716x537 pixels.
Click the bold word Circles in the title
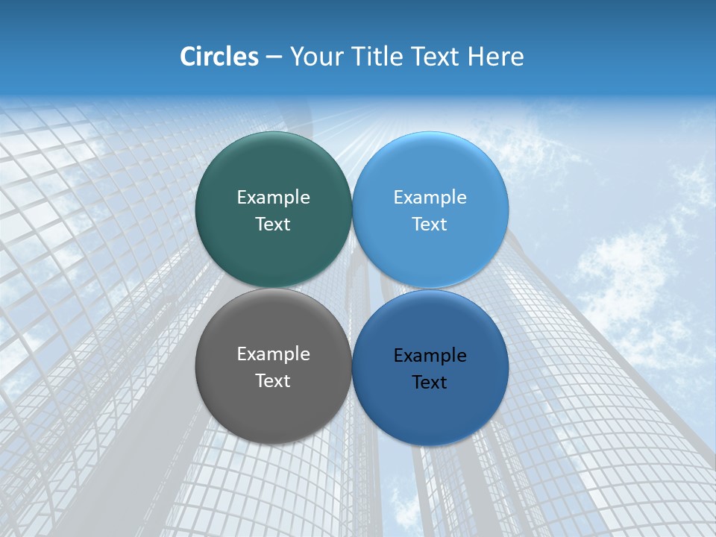[x=219, y=57]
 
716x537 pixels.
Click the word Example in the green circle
[x=273, y=198]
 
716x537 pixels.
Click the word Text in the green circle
[x=273, y=224]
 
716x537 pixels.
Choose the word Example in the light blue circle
[x=430, y=198]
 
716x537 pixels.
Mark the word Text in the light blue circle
[x=430, y=224]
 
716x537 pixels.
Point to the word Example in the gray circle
[x=273, y=354]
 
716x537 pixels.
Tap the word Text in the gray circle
[x=273, y=381]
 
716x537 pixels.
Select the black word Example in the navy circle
[x=430, y=356]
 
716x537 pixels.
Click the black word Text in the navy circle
[x=430, y=383]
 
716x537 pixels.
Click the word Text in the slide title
[x=436, y=57]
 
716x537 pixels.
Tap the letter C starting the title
[x=188, y=57]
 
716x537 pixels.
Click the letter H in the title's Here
[x=475, y=57]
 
